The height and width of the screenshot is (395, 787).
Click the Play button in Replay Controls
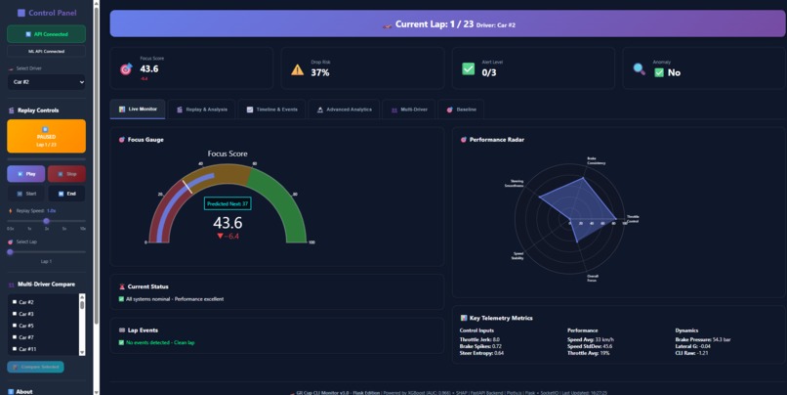coord(25,173)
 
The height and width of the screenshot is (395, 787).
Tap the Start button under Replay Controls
coord(25,194)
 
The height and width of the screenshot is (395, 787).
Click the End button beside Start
coord(66,194)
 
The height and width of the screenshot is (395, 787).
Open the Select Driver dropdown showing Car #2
coord(46,82)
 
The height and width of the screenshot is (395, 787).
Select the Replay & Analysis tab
coord(202,110)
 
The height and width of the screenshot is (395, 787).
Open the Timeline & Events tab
coord(272,110)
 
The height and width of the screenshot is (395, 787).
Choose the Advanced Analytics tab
coord(345,110)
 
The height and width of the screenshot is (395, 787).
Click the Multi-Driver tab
coord(410,110)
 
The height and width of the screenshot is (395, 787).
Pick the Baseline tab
coord(462,110)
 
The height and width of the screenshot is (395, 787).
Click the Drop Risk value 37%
coord(320,73)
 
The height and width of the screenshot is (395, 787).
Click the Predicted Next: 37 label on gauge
coord(227,203)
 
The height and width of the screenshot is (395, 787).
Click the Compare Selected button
coord(35,367)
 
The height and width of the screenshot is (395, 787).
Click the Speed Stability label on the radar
coord(518,255)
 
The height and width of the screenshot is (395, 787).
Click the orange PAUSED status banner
coord(46,136)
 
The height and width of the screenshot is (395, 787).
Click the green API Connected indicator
coord(46,34)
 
